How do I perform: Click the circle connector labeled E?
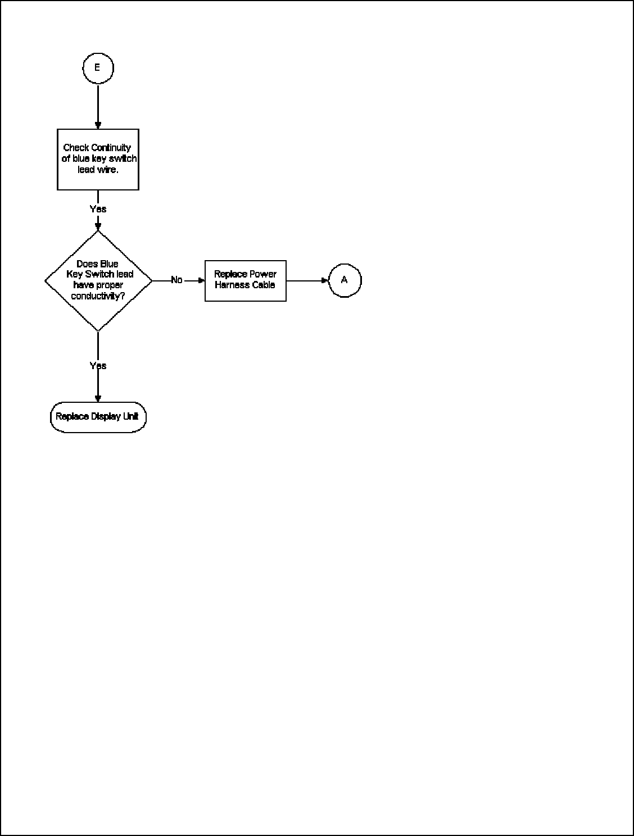coord(98,68)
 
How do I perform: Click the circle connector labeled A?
coord(345,280)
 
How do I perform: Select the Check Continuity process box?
coord(98,159)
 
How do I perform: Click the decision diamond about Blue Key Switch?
coord(98,280)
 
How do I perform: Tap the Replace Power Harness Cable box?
coord(245,280)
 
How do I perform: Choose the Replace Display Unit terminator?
coord(98,417)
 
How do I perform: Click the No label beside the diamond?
coord(176,280)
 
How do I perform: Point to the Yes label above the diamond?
coord(98,209)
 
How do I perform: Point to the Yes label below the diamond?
coord(98,366)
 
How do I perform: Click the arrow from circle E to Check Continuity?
coord(98,107)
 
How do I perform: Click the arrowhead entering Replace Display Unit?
coord(98,398)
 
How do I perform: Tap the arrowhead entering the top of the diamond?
coord(98,227)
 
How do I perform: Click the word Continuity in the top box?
coord(111,148)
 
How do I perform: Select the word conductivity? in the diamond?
coord(98,296)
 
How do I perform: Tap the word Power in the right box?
coord(263,274)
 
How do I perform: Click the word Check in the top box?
coord(76,148)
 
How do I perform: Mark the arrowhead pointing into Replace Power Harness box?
coord(201,280)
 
